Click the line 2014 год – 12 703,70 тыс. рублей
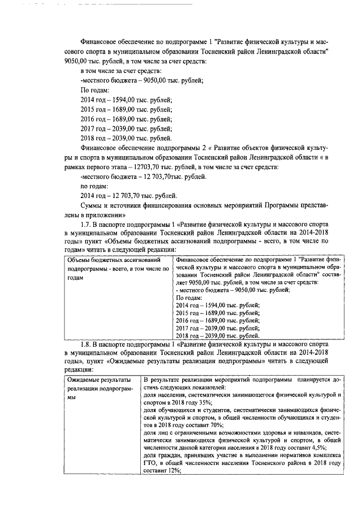point(126,195)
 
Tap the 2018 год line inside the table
point(214,335)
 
